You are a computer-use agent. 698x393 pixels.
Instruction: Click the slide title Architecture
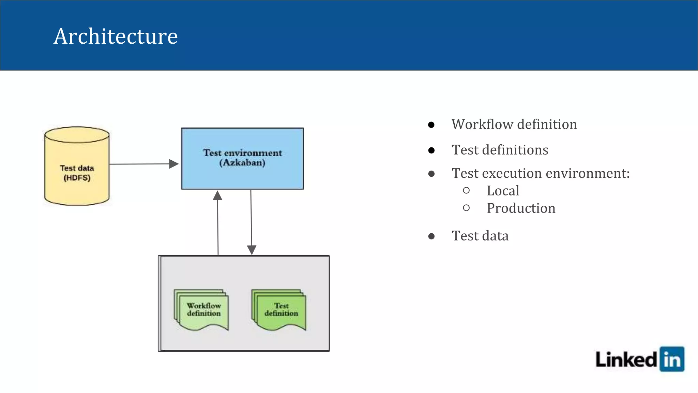coord(116,36)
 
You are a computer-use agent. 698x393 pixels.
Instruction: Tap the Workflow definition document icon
coord(202,310)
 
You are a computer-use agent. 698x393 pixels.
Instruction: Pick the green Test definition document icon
coord(279,310)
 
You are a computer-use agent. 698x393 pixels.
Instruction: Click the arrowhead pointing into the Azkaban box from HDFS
coord(174,164)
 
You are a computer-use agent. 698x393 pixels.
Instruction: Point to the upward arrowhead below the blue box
coord(217,196)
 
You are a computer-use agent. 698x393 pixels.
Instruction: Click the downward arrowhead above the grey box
coord(252,250)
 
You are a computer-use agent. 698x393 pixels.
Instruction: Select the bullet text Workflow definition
coord(514,124)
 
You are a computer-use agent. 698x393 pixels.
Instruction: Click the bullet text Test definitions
coord(500,150)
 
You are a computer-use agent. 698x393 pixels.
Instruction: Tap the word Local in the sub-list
coord(503,191)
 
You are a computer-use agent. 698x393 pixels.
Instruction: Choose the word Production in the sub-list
coord(521,208)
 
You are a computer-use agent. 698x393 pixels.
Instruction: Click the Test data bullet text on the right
coord(480,236)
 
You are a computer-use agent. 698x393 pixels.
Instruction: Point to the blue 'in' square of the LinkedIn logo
coord(672,359)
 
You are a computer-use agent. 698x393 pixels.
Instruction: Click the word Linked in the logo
coord(626,360)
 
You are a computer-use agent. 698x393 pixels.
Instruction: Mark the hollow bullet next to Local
coord(466,190)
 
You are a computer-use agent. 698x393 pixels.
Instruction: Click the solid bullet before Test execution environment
coord(431,174)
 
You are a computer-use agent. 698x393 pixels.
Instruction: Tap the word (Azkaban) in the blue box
coord(242,162)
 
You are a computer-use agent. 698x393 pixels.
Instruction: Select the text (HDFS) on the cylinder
coord(77,178)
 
